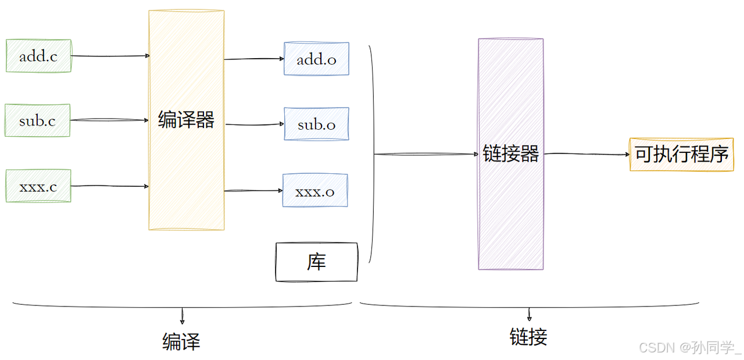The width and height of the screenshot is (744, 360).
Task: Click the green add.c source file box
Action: (38, 56)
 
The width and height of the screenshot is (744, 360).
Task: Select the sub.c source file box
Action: (38, 120)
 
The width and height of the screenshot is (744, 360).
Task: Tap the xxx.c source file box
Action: (38, 186)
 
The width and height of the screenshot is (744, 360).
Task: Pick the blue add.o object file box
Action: (316, 59)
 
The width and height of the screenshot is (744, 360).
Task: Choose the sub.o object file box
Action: (316, 124)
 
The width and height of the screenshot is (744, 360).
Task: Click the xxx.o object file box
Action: (315, 191)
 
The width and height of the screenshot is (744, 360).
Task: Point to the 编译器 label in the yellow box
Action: (186, 120)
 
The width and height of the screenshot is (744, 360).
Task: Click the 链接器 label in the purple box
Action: (511, 154)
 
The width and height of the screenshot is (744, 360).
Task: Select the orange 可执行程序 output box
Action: (681, 155)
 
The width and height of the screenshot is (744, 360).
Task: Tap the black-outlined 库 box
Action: (316, 262)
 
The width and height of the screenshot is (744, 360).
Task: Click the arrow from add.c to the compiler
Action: (110, 56)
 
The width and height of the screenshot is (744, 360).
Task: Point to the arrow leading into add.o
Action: (254, 59)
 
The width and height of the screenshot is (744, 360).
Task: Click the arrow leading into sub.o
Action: (254, 124)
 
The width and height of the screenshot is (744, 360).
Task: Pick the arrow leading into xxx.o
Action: (253, 191)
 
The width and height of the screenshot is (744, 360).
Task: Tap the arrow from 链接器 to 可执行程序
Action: (586, 154)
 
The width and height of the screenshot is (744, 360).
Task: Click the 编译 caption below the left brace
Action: (181, 341)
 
